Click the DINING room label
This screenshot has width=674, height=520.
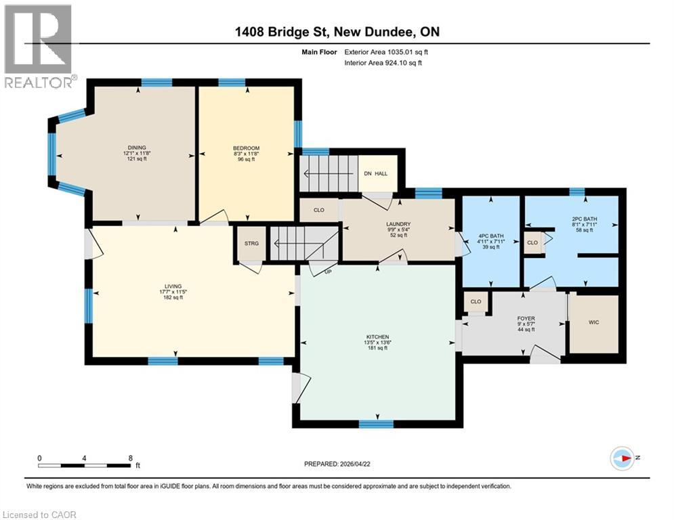(x=137, y=148)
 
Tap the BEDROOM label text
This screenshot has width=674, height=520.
(x=246, y=148)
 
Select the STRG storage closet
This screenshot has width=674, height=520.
(x=250, y=241)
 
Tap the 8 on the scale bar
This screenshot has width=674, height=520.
(x=130, y=458)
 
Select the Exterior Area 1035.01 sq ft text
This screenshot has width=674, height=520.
(x=385, y=51)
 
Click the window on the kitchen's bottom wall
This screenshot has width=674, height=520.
(x=376, y=424)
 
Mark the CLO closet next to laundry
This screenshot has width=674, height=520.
(x=319, y=210)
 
